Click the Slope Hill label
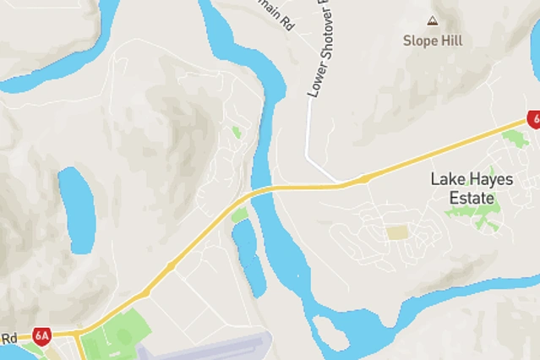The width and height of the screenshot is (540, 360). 433,40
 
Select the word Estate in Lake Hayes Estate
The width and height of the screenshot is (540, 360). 472,198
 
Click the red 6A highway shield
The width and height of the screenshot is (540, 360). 42,335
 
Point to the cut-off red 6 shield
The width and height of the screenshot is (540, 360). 534,119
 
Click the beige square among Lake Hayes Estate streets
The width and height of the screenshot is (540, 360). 397,232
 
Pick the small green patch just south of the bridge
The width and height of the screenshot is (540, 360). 239,215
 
